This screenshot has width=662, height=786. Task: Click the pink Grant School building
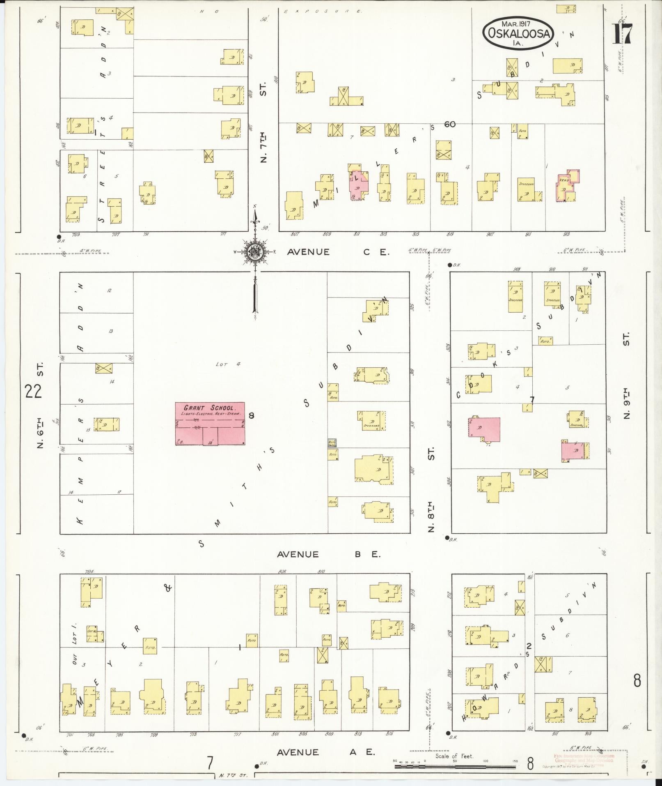point(210,424)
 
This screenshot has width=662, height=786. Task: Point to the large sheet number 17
point(622,34)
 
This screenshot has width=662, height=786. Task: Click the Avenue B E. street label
point(329,554)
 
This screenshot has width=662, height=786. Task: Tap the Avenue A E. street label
point(326,752)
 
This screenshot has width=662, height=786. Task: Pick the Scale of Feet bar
point(454,766)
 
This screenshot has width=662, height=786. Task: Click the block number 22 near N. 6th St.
point(33,391)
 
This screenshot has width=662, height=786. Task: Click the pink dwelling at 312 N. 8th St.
point(485,429)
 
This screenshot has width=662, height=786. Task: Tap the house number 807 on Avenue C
point(294,235)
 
